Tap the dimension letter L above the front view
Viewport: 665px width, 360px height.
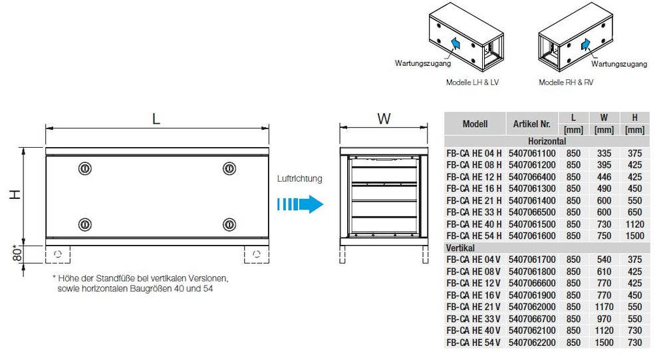[156, 118]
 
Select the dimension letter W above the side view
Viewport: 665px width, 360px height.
[384, 118]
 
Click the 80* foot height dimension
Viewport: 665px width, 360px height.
[19, 254]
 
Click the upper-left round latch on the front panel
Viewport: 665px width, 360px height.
[84, 168]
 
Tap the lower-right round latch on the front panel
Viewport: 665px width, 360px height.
[229, 224]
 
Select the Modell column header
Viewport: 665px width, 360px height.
[475, 124]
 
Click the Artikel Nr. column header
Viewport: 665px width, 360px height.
[531, 124]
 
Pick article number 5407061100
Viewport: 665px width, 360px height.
[531, 153]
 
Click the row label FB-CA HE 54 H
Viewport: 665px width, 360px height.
[474, 236]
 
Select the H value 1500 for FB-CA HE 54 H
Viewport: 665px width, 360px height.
[634, 236]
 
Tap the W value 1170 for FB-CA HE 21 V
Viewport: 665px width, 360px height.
[604, 307]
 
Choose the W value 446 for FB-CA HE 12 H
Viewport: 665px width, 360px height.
[604, 177]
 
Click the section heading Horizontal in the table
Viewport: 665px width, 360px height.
[547, 142]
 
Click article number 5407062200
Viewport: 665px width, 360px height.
[531, 343]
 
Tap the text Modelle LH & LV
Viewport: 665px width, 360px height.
[472, 83]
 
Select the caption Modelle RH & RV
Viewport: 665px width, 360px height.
[566, 83]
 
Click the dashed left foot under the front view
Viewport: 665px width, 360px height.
[58, 254]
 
